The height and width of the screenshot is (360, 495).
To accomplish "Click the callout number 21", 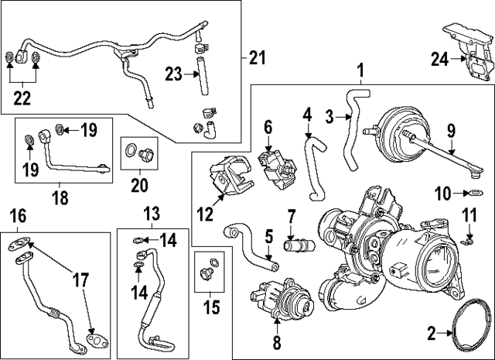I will point(256,57).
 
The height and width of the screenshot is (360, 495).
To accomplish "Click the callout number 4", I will point(308,115).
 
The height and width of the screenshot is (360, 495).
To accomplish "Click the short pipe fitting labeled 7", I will point(295,248).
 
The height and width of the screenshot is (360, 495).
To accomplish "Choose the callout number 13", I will point(152,212).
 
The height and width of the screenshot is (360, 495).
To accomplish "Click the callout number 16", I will point(17,214).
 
